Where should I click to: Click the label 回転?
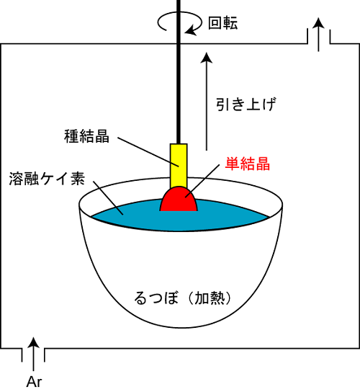[x=223, y=23]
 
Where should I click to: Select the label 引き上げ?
[x=246, y=104]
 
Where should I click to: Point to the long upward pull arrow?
[x=207, y=102]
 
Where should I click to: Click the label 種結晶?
[x=86, y=136]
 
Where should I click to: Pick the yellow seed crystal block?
[x=179, y=165]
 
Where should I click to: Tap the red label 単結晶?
[x=248, y=164]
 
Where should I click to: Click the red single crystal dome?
[x=179, y=200]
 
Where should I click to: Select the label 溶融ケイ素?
[x=47, y=179]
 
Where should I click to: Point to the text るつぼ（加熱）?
[x=182, y=298]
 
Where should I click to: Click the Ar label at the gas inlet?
[x=34, y=382]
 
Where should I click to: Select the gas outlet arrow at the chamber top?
[x=318, y=35]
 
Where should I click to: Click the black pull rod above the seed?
[x=179, y=72]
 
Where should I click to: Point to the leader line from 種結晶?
[x=148, y=152]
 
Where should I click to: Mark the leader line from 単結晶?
[x=202, y=181]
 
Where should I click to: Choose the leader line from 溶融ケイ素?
[x=108, y=197]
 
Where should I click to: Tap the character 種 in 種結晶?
[x=72, y=136]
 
